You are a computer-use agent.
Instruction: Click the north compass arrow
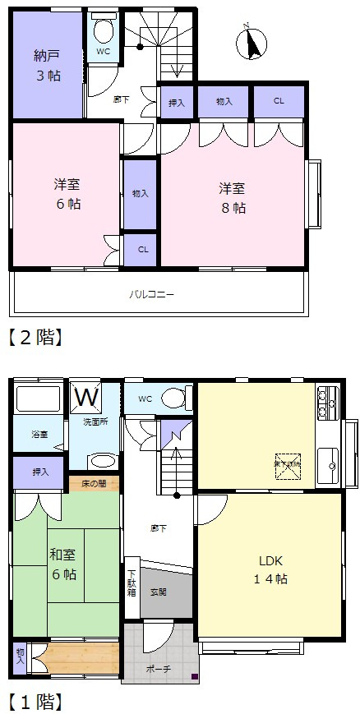253,44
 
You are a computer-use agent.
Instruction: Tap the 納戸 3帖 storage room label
47,67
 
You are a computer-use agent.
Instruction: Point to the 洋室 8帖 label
232,197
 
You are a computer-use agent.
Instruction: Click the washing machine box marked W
86,397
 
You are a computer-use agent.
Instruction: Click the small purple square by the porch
195,677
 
